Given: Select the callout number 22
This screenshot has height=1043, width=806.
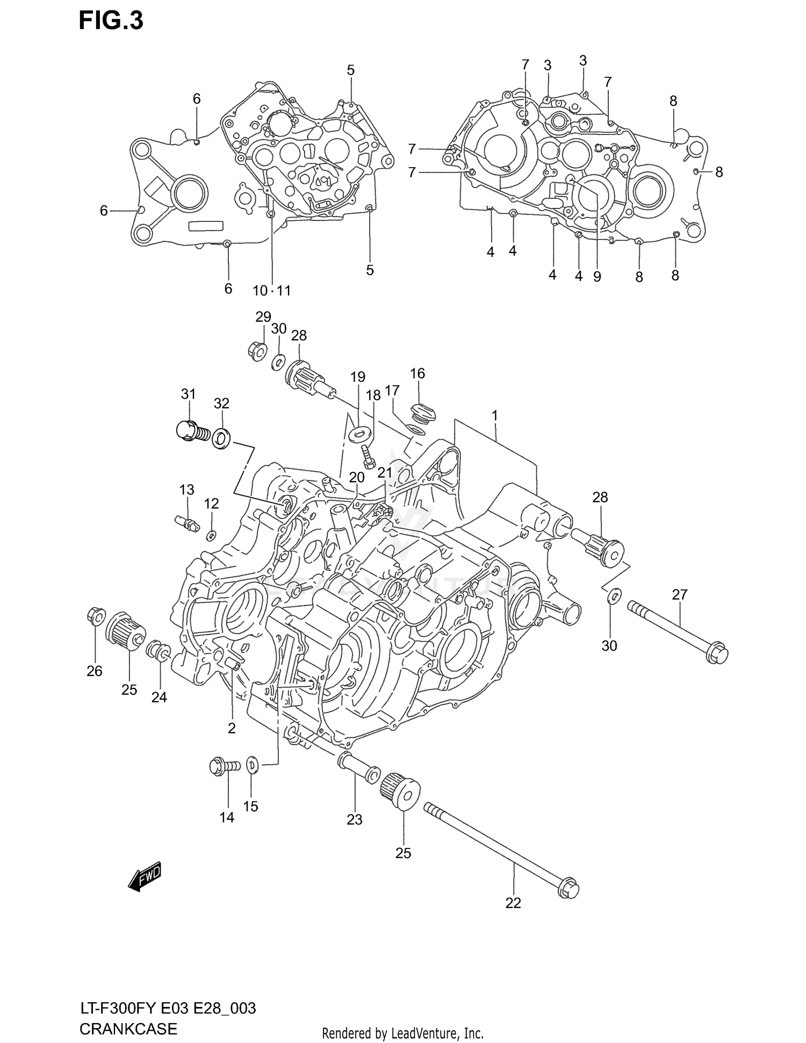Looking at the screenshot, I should pyautogui.click(x=513, y=903).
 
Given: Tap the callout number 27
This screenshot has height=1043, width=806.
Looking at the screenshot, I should pyautogui.click(x=679, y=594).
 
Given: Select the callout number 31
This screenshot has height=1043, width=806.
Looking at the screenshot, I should pyautogui.click(x=188, y=394).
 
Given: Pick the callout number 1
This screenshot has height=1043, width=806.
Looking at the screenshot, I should pyautogui.click(x=494, y=416).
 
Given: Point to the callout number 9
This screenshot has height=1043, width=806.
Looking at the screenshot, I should pyautogui.click(x=597, y=277).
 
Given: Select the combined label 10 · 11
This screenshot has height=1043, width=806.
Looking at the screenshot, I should pyautogui.click(x=272, y=291).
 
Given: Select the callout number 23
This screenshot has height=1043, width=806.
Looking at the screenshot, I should pyautogui.click(x=354, y=819).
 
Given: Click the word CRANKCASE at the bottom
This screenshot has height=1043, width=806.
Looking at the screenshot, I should pyautogui.click(x=128, y=1028).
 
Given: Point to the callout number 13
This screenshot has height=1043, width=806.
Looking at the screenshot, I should pyautogui.click(x=186, y=490).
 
